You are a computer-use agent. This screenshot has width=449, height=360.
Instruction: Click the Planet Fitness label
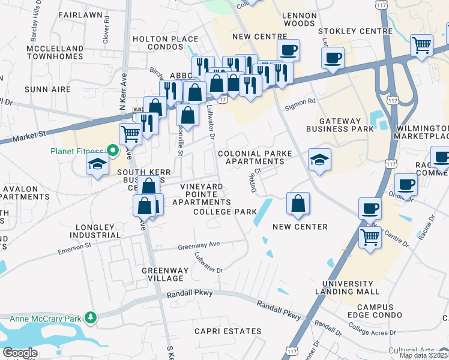(x=76, y=150)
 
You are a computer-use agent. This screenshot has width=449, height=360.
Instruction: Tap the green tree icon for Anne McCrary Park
(x=91, y=317)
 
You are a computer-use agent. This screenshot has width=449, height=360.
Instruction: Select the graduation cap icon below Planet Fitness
(x=97, y=164)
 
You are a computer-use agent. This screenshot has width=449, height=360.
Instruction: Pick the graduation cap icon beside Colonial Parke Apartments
(x=319, y=160)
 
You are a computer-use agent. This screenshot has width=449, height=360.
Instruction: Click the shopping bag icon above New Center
(x=298, y=204)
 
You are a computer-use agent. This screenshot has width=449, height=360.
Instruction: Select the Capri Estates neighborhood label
(x=228, y=331)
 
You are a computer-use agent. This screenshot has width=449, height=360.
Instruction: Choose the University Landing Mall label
(x=351, y=287)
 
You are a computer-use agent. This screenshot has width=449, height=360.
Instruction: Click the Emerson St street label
(x=74, y=248)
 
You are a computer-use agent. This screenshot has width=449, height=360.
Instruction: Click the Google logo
(x=20, y=353)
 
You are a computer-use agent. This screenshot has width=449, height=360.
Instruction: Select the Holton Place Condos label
(x=165, y=44)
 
